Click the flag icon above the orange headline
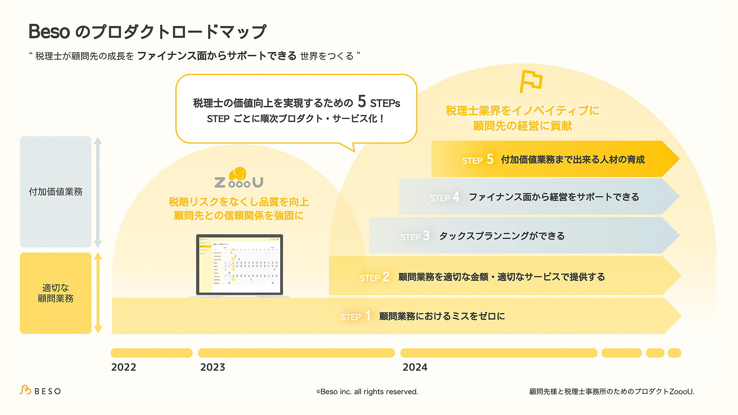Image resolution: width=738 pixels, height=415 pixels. pyautogui.click(x=530, y=81)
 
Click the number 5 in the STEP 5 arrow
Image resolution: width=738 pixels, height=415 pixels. pyautogui.click(x=490, y=159)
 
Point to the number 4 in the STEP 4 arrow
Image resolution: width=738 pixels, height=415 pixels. pyautogui.click(x=456, y=197)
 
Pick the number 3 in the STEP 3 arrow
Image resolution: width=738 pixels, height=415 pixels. pyautogui.click(x=426, y=236)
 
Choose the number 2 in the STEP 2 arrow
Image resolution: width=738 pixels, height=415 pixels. pyautogui.click(x=386, y=277)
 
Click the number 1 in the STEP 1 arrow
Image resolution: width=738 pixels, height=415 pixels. pyautogui.click(x=368, y=316)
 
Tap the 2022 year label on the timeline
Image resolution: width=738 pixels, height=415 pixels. pyautogui.click(x=123, y=367)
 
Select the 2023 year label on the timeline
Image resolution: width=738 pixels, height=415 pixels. pyautogui.click(x=213, y=367)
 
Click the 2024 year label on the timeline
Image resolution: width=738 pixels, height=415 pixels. pyautogui.click(x=415, y=367)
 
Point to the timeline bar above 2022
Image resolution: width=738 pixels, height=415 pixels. pyautogui.click(x=151, y=353)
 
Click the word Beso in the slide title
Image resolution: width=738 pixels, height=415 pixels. pyautogui.click(x=49, y=32)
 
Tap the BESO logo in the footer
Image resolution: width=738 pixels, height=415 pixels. pyautogui.click(x=40, y=391)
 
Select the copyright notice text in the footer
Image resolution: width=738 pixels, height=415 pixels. pyautogui.click(x=367, y=392)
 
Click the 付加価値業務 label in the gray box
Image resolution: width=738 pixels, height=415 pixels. pyautogui.click(x=56, y=192)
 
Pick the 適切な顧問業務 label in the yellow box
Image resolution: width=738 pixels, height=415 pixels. pyautogui.click(x=56, y=293)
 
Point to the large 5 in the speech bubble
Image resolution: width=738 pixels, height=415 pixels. pyautogui.click(x=362, y=101)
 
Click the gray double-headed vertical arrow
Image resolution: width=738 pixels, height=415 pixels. pyautogui.click(x=98, y=192)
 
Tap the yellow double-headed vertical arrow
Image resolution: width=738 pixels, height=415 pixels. pyautogui.click(x=98, y=293)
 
